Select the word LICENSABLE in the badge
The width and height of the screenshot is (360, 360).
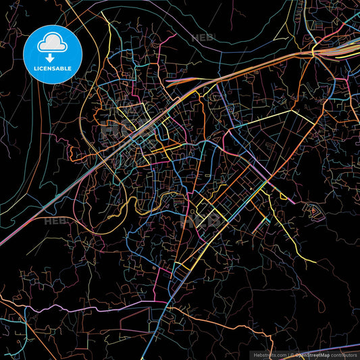point(52,69)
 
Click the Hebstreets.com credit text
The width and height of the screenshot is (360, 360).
point(269,355)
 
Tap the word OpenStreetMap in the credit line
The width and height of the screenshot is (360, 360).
point(312,355)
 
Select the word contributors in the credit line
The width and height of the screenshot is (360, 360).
point(344,355)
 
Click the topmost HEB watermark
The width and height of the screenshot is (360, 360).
point(202,38)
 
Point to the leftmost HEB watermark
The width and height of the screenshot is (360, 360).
point(54,220)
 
